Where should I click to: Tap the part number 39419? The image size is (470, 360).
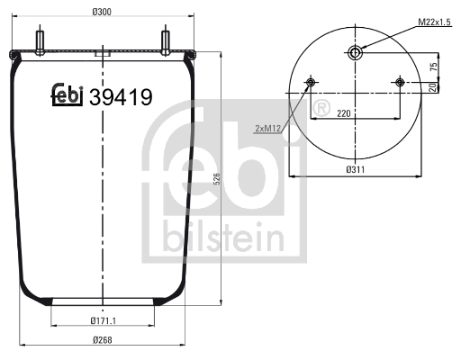point(120,95)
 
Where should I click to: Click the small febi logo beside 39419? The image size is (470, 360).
point(67,94)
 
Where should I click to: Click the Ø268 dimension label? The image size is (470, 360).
point(104,339)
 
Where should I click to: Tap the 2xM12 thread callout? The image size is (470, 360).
point(268,127)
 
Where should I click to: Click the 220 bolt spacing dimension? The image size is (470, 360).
point(343,115)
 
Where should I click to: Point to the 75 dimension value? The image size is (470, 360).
point(432,67)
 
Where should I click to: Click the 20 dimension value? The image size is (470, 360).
point(432,87)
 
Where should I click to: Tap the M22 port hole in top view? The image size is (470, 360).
point(356,53)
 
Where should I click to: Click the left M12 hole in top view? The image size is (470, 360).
point(312,84)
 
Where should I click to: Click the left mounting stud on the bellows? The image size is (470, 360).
point(41,42)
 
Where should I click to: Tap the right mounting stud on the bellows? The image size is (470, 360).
point(167,42)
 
